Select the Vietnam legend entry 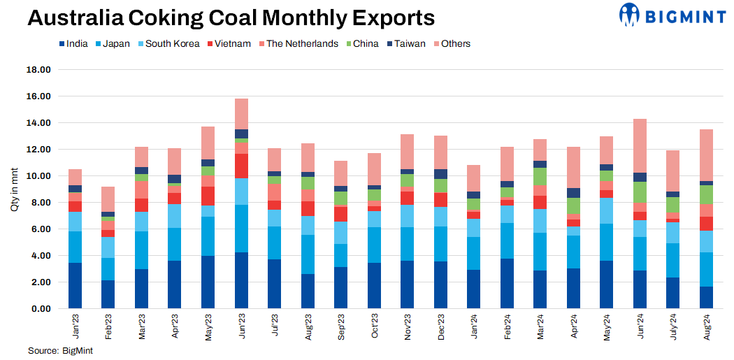point(232,43)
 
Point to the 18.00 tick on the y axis point(38,70)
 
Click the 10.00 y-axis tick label point(38,176)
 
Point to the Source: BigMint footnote point(60,350)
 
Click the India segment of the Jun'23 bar point(241,280)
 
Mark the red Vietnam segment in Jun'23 point(241,166)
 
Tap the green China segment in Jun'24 point(639,192)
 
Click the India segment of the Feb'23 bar point(108,294)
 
